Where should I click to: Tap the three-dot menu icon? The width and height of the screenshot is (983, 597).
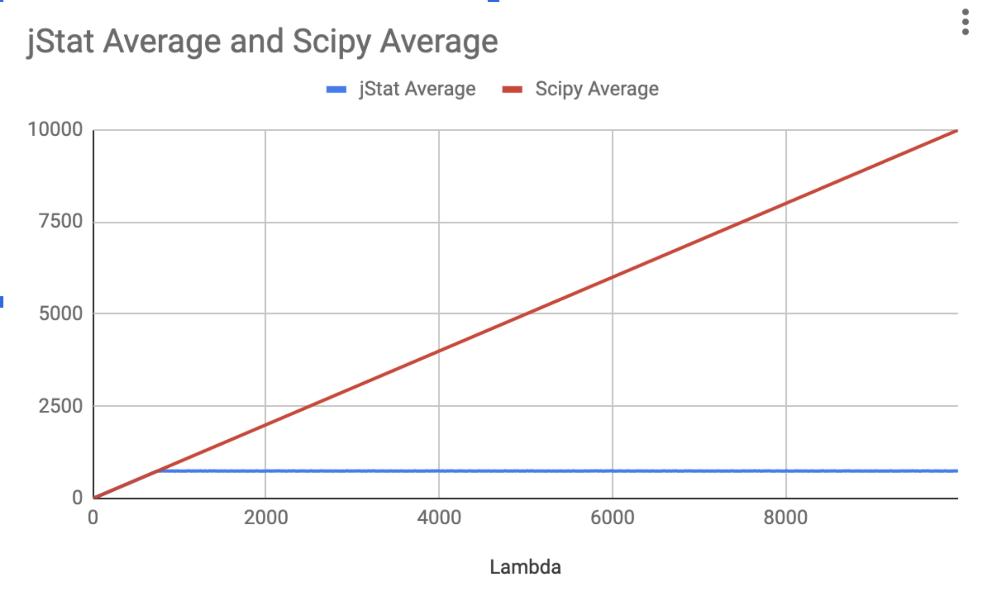pyautogui.click(x=965, y=22)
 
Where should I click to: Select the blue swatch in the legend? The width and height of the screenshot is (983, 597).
pyautogui.click(x=336, y=89)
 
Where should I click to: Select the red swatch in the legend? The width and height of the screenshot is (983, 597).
pyautogui.click(x=512, y=89)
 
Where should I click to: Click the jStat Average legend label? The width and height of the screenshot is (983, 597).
pyautogui.click(x=417, y=89)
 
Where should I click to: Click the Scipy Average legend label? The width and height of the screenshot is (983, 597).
pyautogui.click(x=596, y=89)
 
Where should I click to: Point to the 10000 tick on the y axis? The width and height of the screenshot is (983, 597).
pyautogui.click(x=55, y=129)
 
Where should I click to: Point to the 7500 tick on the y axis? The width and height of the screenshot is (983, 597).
pyautogui.click(x=61, y=221)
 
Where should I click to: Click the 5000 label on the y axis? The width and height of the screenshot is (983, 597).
pyautogui.click(x=61, y=314)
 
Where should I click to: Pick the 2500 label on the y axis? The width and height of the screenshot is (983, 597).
pyautogui.click(x=61, y=406)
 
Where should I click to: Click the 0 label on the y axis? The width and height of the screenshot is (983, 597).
pyautogui.click(x=77, y=498)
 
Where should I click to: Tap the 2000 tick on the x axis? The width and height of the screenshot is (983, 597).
pyautogui.click(x=266, y=517)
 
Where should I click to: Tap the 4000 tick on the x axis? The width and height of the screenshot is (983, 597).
pyautogui.click(x=439, y=517)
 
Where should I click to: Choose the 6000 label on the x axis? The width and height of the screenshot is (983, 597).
pyautogui.click(x=612, y=517)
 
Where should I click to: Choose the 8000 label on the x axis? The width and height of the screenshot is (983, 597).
pyautogui.click(x=785, y=517)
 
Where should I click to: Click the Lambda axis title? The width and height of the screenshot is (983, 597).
pyautogui.click(x=525, y=567)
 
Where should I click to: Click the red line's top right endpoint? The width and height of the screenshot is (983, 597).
pyautogui.click(x=956, y=132)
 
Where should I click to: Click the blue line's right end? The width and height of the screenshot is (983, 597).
pyautogui.click(x=956, y=471)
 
